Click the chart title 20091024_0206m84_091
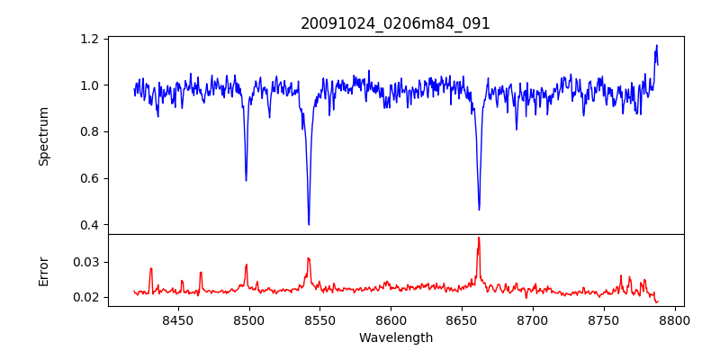(395, 23)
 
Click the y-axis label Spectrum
(44, 136)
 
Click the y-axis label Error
(44, 271)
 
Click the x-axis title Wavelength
(395, 338)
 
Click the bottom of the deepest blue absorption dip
(309, 224)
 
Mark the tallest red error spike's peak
(479, 238)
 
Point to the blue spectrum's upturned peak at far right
(656, 46)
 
